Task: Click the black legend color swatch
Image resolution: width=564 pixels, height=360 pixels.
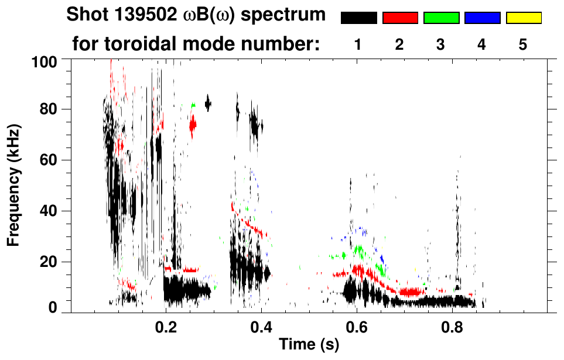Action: click(x=358, y=18)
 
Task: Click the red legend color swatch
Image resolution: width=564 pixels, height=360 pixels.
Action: click(x=400, y=18)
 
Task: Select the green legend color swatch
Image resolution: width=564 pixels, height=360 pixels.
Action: click(x=441, y=18)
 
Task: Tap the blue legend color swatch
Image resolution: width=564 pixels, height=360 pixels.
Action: click(x=482, y=18)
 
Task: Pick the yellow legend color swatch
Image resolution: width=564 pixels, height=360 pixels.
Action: click(x=523, y=18)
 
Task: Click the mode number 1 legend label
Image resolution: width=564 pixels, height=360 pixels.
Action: click(x=358, y=45)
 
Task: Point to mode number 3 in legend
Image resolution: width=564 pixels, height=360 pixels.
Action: click(x=441, y=45)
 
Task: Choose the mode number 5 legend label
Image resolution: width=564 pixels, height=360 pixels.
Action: click(x=523, y=45)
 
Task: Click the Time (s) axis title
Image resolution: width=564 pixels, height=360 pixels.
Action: click(x=309, y=345)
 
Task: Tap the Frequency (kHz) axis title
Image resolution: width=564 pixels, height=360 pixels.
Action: click(x=14, y=184)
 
